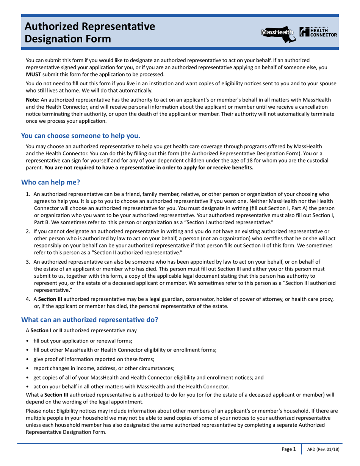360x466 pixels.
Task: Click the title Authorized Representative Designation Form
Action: tap(90, 32)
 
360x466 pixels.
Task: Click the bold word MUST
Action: tap(33, 74)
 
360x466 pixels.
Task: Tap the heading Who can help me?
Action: tap(50, 182)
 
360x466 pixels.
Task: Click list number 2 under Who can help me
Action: tap(28, 231)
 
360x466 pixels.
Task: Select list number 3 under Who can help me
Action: tap(28, 262)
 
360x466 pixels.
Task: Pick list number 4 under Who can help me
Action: tap(28, 299)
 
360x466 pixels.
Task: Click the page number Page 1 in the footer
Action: tap(288, 449)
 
